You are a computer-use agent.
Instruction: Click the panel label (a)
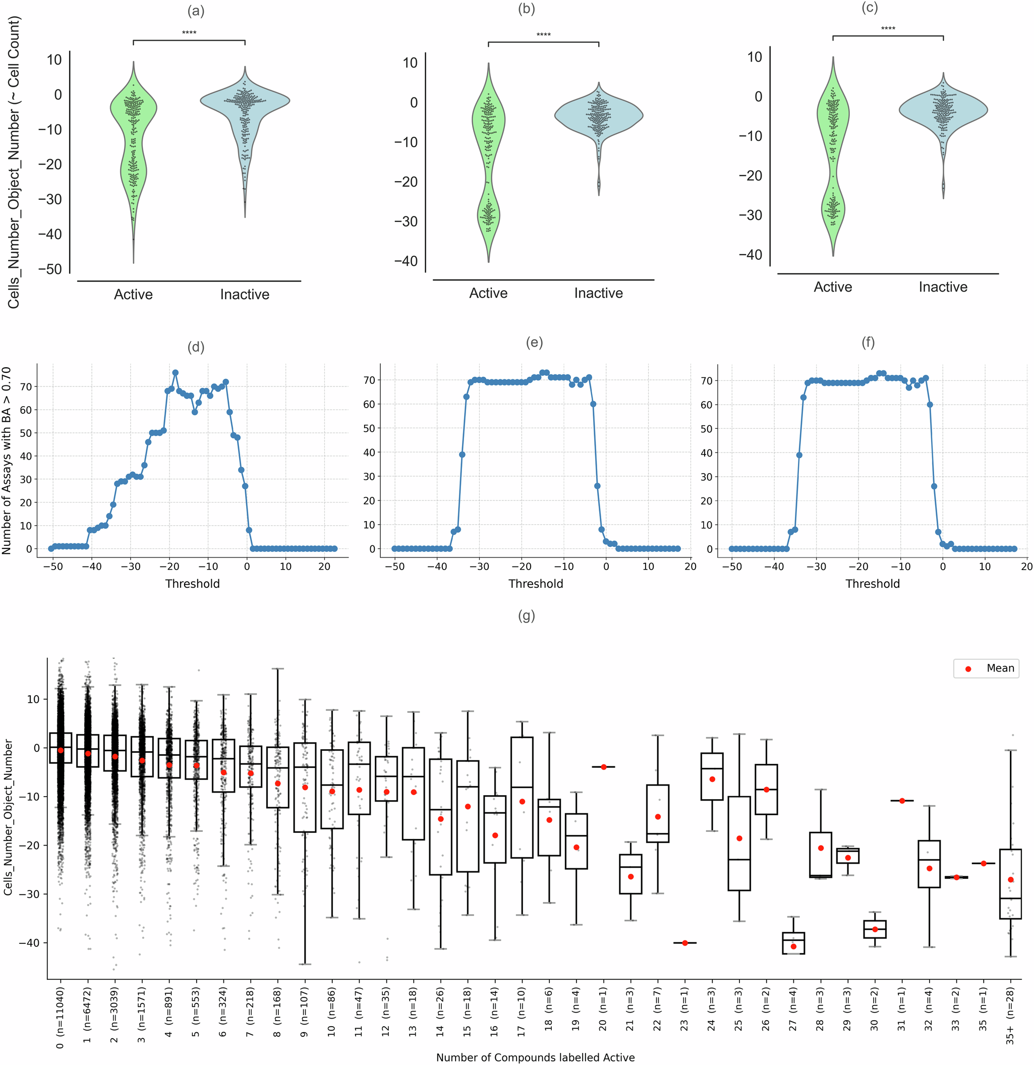click(196, 12)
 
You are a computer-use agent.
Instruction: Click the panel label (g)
click(526, 615)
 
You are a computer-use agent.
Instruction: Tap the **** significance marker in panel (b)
click(543, 35)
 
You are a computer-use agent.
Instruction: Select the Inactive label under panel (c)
click(943, 287)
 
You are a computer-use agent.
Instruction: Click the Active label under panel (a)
click(133, 295)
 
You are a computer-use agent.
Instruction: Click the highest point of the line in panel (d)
click(176, 373)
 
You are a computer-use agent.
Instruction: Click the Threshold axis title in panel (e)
click(535, 584)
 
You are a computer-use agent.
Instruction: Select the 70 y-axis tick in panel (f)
click(706, 381)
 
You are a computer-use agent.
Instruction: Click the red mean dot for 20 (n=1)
click(604, 767)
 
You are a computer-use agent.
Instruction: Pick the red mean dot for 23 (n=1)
click(684, 943)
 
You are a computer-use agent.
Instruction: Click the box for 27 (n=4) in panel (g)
click(793, 943)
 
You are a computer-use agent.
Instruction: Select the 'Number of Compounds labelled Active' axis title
click(535, 1057)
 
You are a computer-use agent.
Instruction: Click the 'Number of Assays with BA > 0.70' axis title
click(7, 460)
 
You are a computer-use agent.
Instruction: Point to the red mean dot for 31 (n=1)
click(902, 800)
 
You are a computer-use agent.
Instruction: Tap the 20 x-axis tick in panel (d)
click(324, 566)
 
